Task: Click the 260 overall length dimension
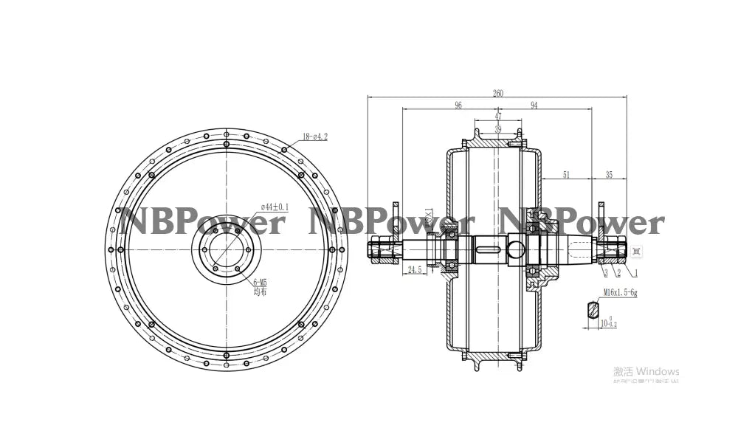(498, 94)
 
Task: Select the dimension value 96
(458, 106)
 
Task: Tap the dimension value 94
(534, 106)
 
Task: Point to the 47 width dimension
(497, 117)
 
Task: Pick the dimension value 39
(497, 128)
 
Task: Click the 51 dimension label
(566, 175)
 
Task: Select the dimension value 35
(609, 175)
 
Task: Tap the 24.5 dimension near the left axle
(414, 270)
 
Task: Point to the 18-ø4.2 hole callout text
(314, 137)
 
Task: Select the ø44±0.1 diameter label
(274, 207)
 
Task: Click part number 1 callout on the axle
(635, 272)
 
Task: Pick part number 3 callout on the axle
(605, 272)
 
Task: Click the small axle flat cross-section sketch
(593, 308)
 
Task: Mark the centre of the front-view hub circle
(226, 249)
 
